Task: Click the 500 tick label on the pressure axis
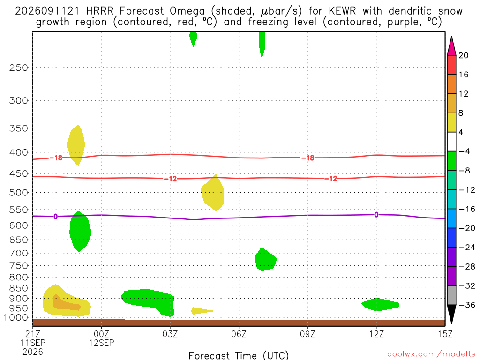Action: point(19,193)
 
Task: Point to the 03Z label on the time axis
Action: point(170,334)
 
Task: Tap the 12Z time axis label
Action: point(376,334)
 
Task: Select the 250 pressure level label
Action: point(19,67)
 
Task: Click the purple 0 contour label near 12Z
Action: point(376,215)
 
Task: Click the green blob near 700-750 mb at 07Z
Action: point(265,259)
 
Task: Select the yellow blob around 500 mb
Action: point(212,193)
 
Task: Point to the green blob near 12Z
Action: point(380,304)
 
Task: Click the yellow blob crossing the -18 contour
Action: point(76,145)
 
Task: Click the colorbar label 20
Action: point(464,55)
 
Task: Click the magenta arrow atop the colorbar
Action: point(451,46)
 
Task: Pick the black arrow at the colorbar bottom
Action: point(451,314)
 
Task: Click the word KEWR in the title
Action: point(342,11)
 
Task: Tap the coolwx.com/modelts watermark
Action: point(431,354)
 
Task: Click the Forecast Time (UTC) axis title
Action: point(239,355)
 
